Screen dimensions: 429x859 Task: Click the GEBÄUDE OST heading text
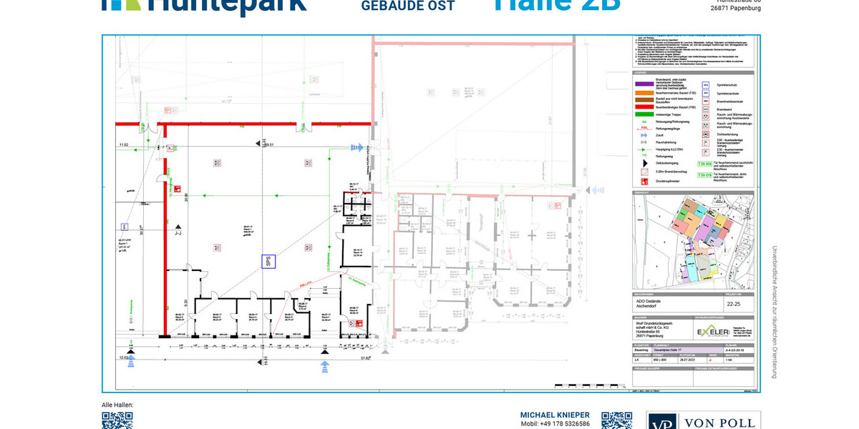408,6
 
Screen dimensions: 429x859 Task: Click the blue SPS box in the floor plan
268,262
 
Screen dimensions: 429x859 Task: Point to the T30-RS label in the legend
704,164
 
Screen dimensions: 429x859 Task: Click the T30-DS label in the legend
704,174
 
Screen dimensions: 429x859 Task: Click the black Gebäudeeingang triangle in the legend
642,162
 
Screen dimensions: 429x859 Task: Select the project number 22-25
734,303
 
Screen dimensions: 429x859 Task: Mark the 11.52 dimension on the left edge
123,145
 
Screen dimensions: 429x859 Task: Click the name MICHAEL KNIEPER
555,415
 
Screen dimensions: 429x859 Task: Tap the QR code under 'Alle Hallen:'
117,420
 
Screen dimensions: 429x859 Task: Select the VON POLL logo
704,421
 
